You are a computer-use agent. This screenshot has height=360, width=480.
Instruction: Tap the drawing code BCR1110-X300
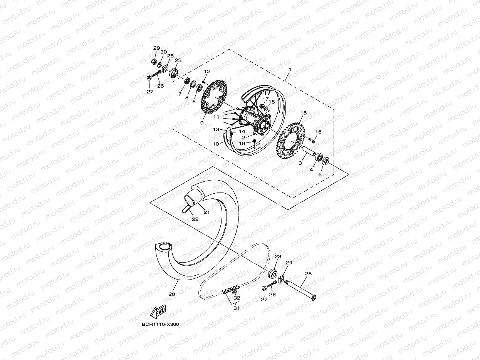pos(160,324)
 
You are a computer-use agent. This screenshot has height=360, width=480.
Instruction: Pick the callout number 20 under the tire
pos(172,294)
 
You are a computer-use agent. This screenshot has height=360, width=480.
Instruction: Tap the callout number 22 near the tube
pos(195,219)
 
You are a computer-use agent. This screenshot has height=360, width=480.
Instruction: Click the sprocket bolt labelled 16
pos(312,140)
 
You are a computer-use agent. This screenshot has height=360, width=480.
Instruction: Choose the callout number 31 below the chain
pos(236,308)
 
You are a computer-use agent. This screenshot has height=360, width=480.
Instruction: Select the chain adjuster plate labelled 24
pos(281,277)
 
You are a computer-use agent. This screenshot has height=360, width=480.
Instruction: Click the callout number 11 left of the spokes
pos(217,116)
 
